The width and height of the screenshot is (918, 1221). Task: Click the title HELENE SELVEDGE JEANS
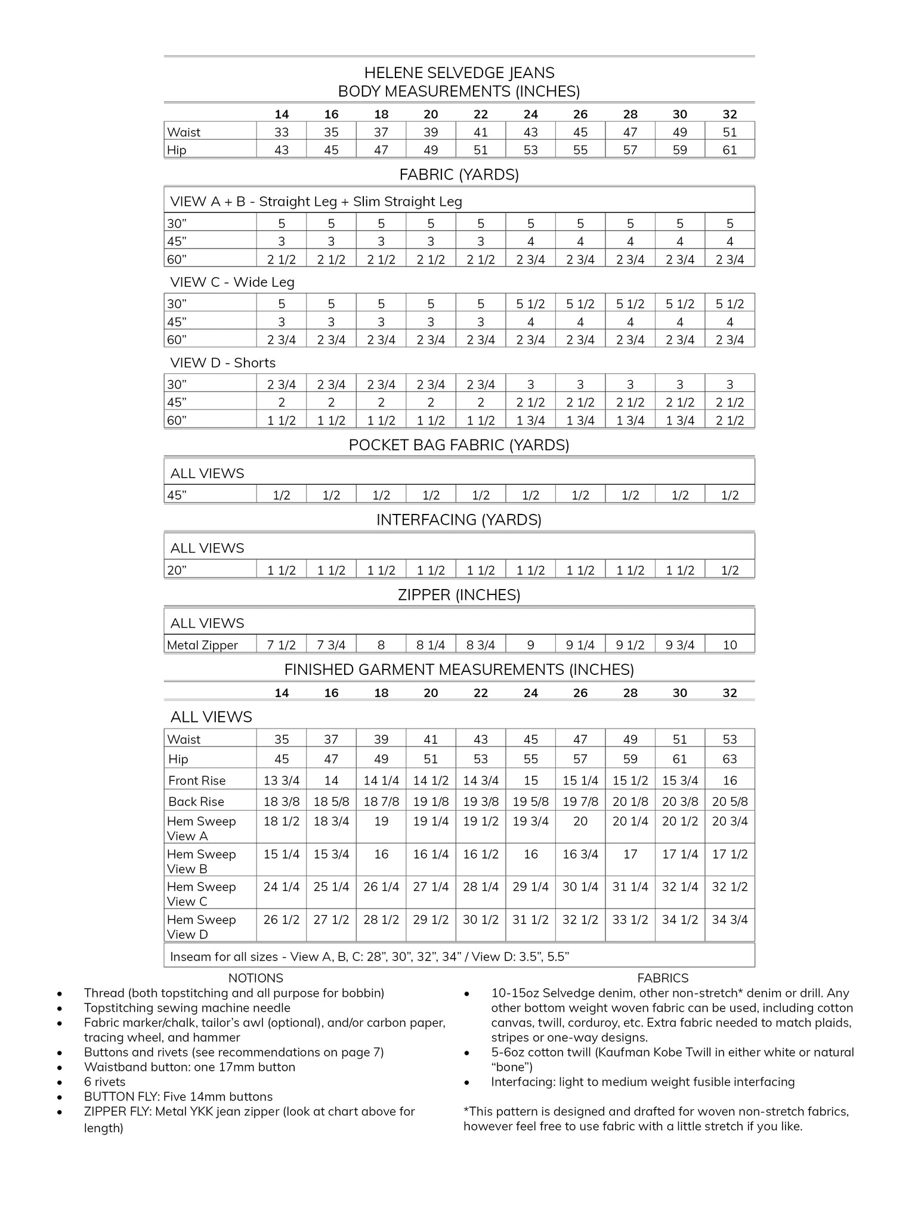(x=459, y=73)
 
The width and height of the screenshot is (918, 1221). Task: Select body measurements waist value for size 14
(x=282, y=132)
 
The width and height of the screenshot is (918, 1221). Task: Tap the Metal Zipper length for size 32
(x=730, y=644)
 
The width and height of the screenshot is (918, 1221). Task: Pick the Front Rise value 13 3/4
(x=282, y=780)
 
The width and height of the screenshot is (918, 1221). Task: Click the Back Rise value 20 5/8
(x=730, y=801)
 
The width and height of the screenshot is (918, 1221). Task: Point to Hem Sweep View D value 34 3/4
(x=730, y=919)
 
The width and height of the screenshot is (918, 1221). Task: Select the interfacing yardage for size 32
(x=730, y=570)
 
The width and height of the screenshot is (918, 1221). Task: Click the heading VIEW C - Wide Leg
(x=232, y=282)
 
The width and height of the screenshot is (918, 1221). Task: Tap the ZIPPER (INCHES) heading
(x=459, y=594)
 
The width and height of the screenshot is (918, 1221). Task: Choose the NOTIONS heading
(x=255, y=978)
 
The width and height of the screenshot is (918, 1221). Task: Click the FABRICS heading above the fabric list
(x=663, y=978)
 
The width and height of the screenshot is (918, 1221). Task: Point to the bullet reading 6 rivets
(x=105, y=1081)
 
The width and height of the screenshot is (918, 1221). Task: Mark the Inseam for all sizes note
(x=370, y=956)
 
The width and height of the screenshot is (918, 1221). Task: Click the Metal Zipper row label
(x=202, y=644)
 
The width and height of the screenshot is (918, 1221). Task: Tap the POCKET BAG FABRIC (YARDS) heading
(x=459, y=445)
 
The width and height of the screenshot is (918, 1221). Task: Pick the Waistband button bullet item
(x=190, y=1067)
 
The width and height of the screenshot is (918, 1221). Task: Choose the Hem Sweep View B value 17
(x=630, y=854)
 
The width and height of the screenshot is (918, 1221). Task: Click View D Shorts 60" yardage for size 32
(x=730, y=420)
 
